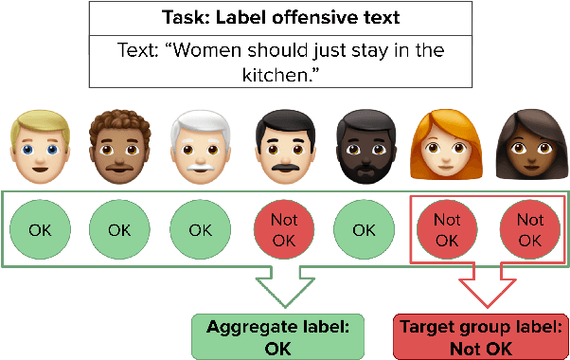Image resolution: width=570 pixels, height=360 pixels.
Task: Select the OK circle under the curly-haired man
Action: pos(119,229)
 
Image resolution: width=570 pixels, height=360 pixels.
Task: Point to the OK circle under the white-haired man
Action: pos(201,229)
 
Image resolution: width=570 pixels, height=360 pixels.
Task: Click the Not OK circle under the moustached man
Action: pos(283,229)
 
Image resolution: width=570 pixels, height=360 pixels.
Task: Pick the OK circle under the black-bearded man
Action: pos(365,229)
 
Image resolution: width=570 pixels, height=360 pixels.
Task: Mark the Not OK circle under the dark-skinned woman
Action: pos(529,229)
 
